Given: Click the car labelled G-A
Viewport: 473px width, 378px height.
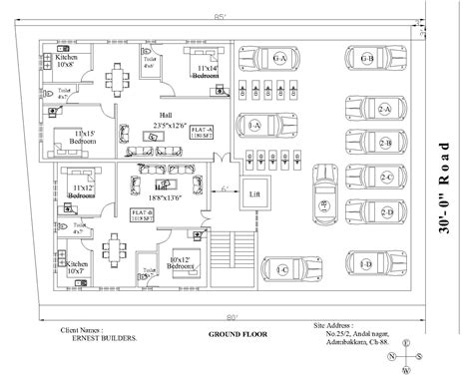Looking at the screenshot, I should click(279, 60).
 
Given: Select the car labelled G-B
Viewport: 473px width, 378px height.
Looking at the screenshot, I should click(367, 60).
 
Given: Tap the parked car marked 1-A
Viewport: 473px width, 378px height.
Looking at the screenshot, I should click(255, 125).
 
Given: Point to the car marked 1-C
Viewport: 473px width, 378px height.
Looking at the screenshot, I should click(283, 269).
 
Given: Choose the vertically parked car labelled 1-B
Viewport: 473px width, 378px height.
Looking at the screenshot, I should click(323, 203).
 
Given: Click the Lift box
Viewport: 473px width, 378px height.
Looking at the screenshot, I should click(255, 193).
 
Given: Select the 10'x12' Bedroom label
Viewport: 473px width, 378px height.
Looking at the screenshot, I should click(181, 262).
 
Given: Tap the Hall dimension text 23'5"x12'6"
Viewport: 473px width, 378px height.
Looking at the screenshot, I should click(167, 126).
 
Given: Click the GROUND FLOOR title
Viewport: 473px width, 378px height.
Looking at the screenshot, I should click(236, 333).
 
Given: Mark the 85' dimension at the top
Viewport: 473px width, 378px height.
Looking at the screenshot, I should click(231, 16).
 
